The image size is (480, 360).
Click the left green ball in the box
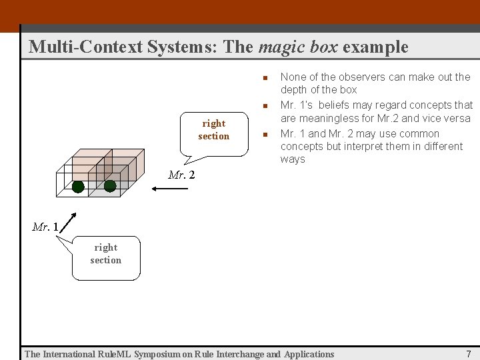(x=78, y=187)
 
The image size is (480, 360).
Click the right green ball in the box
(x=110, y=186)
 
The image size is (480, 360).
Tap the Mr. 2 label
(x=181, y=175)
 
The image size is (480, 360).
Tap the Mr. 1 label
(x=45, y=227)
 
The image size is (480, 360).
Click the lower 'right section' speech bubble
(x=106, y=256)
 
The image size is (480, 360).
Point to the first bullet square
(x=265, y=77)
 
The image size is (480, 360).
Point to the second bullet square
(x=265, y=105)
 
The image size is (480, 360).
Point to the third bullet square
(x=265, y=134)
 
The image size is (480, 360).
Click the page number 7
(x=468, y=354)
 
